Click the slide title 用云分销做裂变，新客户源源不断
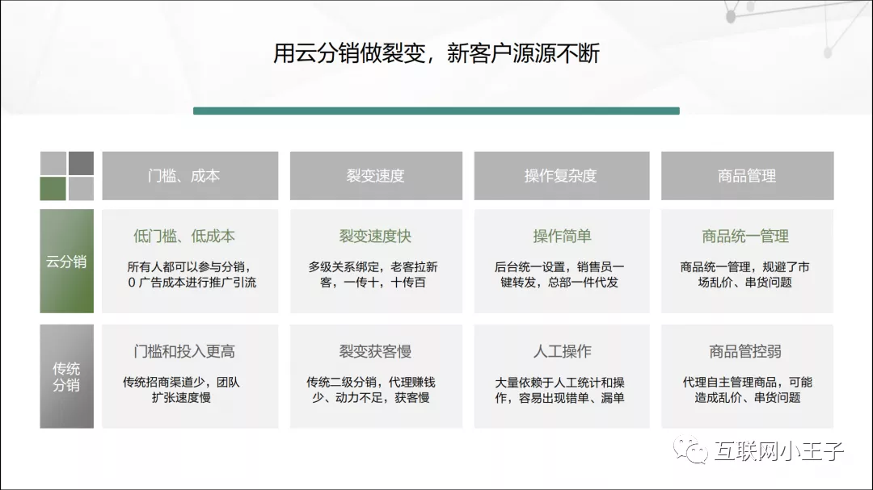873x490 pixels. tap(436, 54)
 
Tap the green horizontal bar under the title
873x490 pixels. tap(436, 111)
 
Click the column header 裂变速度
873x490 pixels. tap(375, 175)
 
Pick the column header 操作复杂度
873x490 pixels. tap(561, 175)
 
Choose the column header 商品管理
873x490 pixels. tap(747, 175)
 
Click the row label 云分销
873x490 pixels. tap(66, 262)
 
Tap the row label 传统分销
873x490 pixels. tap(66, 376)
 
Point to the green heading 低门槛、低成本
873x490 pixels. tap(184, 237)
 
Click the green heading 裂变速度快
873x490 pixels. tap(375, 237)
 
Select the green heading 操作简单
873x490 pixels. tap(562, 237)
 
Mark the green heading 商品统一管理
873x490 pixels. tap(745, 237)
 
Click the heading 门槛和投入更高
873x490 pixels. tap(184, 352)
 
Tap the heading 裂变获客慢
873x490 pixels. tap(375, 352)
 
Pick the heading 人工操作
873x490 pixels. tap(562, 352)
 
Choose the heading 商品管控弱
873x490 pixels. tap(745, 352)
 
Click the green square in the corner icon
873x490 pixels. tap(53, 188)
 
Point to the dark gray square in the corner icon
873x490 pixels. tap(81, 163)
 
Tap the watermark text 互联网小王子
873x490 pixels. tap(778, 451)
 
